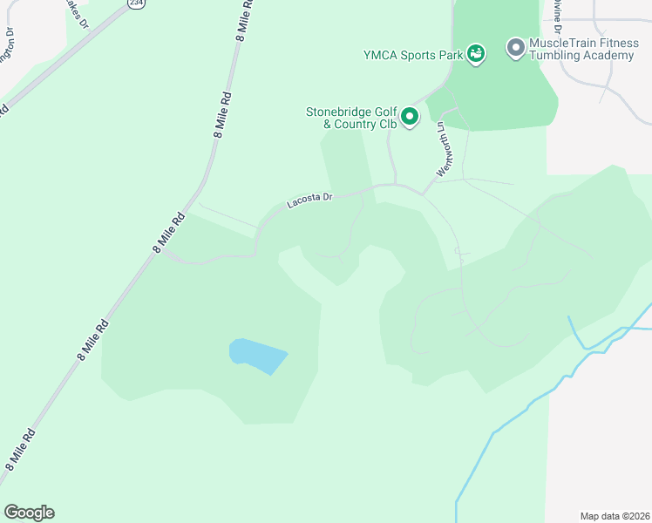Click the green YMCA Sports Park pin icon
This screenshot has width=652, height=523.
pyautogui.click(x=475, y=54)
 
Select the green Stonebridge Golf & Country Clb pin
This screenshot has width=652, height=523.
pyautogui.click(x=411, y=115)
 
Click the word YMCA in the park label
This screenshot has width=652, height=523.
pyautogui.click(x=381, y=55)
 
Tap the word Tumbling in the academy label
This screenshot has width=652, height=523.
pyautogui.click(x=558, y=56)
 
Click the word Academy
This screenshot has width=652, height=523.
pyautogui.click(x=610, y=56)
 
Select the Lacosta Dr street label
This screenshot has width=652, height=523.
pyautogui.click(x=310, y=201)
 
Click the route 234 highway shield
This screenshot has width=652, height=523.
pyautogui.click(x=135, y=3)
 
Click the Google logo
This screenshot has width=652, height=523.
pyautogui.click(x=29, y=513)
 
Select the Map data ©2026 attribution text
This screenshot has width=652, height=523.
pyautogui.click(x=615, y=515)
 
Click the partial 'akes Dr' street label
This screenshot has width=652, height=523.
pyautogui.click(x=78, y=15)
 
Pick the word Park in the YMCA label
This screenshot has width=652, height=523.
pyautogui.click(x=448, y=55)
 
